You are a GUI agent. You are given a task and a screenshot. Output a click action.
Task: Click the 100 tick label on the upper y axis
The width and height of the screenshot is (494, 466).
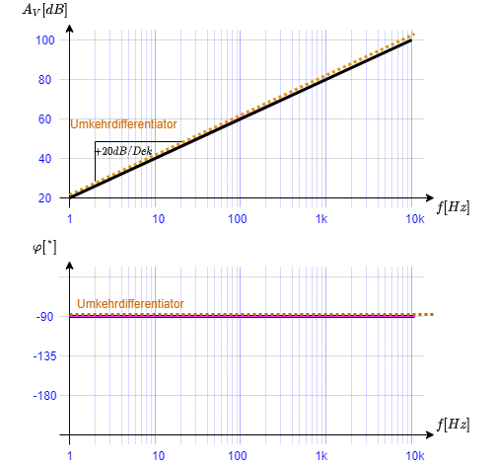pos(44,40)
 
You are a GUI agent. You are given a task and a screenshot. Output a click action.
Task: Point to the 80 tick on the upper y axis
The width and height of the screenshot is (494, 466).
pos(44,80)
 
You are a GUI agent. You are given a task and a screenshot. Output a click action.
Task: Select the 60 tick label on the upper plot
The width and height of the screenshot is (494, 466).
pos(44,119)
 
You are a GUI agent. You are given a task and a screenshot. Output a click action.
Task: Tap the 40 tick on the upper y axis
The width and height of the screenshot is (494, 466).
pos(44,159)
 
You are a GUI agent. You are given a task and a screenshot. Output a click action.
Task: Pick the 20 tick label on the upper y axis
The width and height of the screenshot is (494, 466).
pos(44,198)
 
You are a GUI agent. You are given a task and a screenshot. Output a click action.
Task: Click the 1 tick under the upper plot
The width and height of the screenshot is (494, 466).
pos(70,218)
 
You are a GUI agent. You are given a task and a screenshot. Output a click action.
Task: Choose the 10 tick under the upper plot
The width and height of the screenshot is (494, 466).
pos(159,218)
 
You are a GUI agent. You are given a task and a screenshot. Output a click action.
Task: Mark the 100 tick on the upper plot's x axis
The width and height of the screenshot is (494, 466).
pos(238,218)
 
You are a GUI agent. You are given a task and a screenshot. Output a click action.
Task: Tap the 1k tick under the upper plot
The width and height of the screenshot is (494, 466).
pos(321,218)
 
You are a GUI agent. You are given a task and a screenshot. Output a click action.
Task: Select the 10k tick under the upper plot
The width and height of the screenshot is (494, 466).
pos(415,218)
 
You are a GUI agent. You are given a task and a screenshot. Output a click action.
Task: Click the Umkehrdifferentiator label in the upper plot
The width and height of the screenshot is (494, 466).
pos(123,124)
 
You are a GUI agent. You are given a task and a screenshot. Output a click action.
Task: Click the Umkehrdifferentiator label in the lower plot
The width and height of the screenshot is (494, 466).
pos(130,304)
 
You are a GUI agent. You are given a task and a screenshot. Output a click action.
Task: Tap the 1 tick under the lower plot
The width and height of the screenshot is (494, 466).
pos(70,456)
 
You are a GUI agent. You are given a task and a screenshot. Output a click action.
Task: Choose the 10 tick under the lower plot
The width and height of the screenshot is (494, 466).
pos(159,456)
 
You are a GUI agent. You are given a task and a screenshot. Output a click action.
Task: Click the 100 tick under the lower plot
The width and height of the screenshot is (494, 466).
pos(238,456)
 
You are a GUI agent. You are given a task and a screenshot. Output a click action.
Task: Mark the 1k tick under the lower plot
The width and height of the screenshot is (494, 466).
pos(321,456)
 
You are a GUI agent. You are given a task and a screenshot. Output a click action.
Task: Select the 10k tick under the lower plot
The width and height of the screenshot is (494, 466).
pos(415,456)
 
